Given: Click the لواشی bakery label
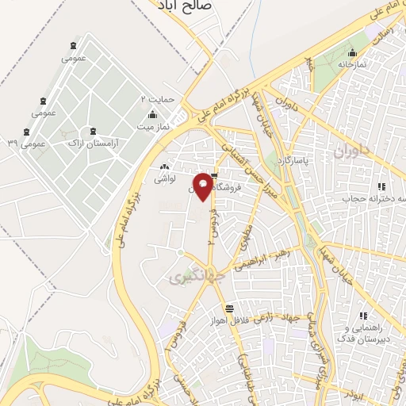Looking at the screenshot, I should pyautogui.click(x=163, y=181).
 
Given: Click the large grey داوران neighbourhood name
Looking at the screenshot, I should pyautogui.click(x=352, y=151).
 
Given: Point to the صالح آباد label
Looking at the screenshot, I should pyautogui.click(x=183, y=6).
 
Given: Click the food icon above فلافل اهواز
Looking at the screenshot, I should pyautogui.click(x=229, y=308).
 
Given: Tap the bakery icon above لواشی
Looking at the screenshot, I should pyautogui.click(x=164, y=167).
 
